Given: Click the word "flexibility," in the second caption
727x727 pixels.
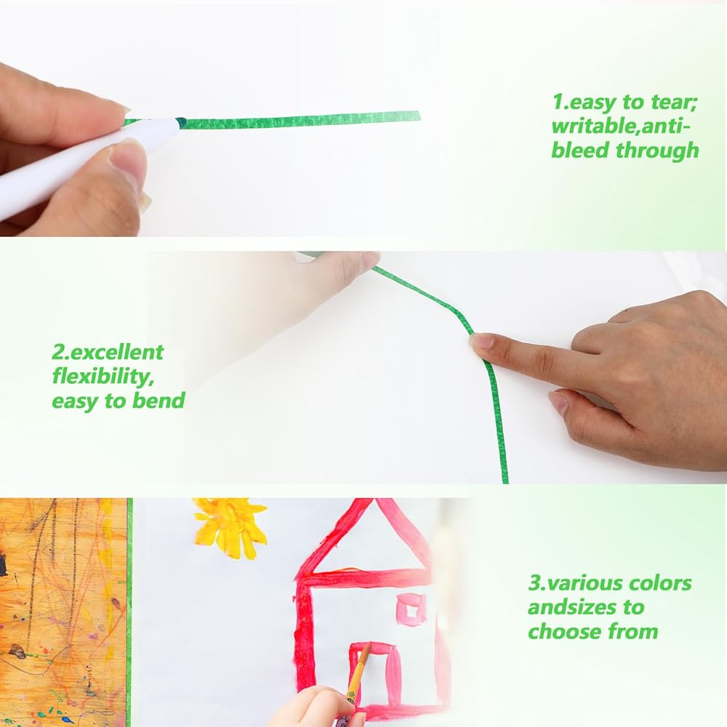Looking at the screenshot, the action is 103,376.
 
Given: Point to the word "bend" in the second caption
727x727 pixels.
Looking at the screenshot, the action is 158,400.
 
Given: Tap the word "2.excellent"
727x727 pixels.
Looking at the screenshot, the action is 108,353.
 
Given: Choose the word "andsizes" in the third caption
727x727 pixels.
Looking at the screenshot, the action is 586,607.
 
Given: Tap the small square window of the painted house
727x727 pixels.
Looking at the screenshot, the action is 410,608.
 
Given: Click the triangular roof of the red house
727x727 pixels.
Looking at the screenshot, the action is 366,538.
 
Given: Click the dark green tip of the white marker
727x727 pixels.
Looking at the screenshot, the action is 181,122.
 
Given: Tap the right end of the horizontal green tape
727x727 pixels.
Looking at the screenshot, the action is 419,116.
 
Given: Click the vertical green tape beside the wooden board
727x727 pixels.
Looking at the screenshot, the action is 129,612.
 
